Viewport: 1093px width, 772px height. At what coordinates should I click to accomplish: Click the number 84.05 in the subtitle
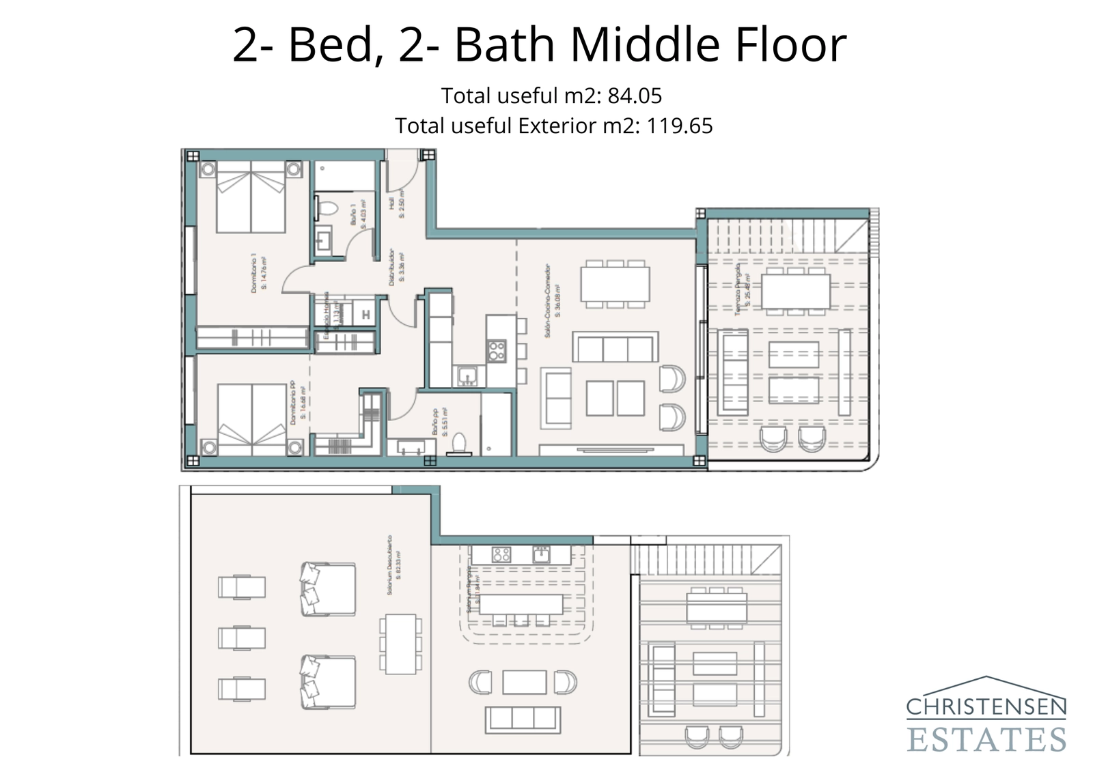pyautogui.click(x=635, y=96)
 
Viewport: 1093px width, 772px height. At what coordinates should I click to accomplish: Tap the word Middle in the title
pyautogui.click(x=642, y=44)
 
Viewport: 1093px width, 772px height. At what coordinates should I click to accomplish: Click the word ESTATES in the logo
pyautogui.click(x=986, y=739)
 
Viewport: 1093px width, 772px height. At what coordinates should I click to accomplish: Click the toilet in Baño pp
pyautogui.click(x=460, y=443)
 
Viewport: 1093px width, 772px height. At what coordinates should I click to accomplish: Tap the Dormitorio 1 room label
pyautogui.click(x=258, y=274)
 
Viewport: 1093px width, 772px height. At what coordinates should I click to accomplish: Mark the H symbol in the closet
pyautogui.click(x=365, y=315)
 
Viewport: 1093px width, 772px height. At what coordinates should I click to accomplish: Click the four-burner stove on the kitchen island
pyautogui.click(x=497, y=351)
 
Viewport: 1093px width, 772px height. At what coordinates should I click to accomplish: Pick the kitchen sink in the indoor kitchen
pyautogui.click(x=469, y=375)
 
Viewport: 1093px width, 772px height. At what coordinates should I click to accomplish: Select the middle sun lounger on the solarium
pyautogui.click(x=241, y=638)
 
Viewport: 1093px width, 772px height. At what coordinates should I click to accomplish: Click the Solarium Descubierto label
pyautogui.click(x=393, y=565)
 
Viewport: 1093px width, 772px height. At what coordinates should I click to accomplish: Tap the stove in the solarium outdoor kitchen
pyautogui.click(x=501, y=554)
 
